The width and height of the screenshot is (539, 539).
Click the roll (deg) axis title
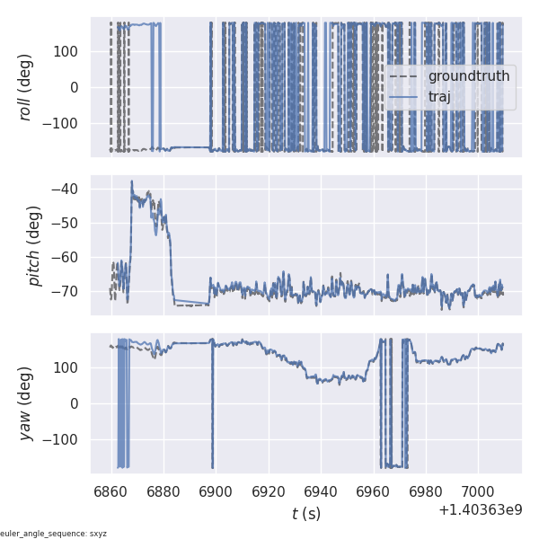click(26, 87)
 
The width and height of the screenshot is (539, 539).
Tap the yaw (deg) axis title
click(26, 403)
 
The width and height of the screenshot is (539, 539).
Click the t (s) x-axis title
click(306, 514)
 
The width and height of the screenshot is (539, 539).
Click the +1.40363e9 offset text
click(480, 510)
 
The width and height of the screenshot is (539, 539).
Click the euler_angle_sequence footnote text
click(54, 534)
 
